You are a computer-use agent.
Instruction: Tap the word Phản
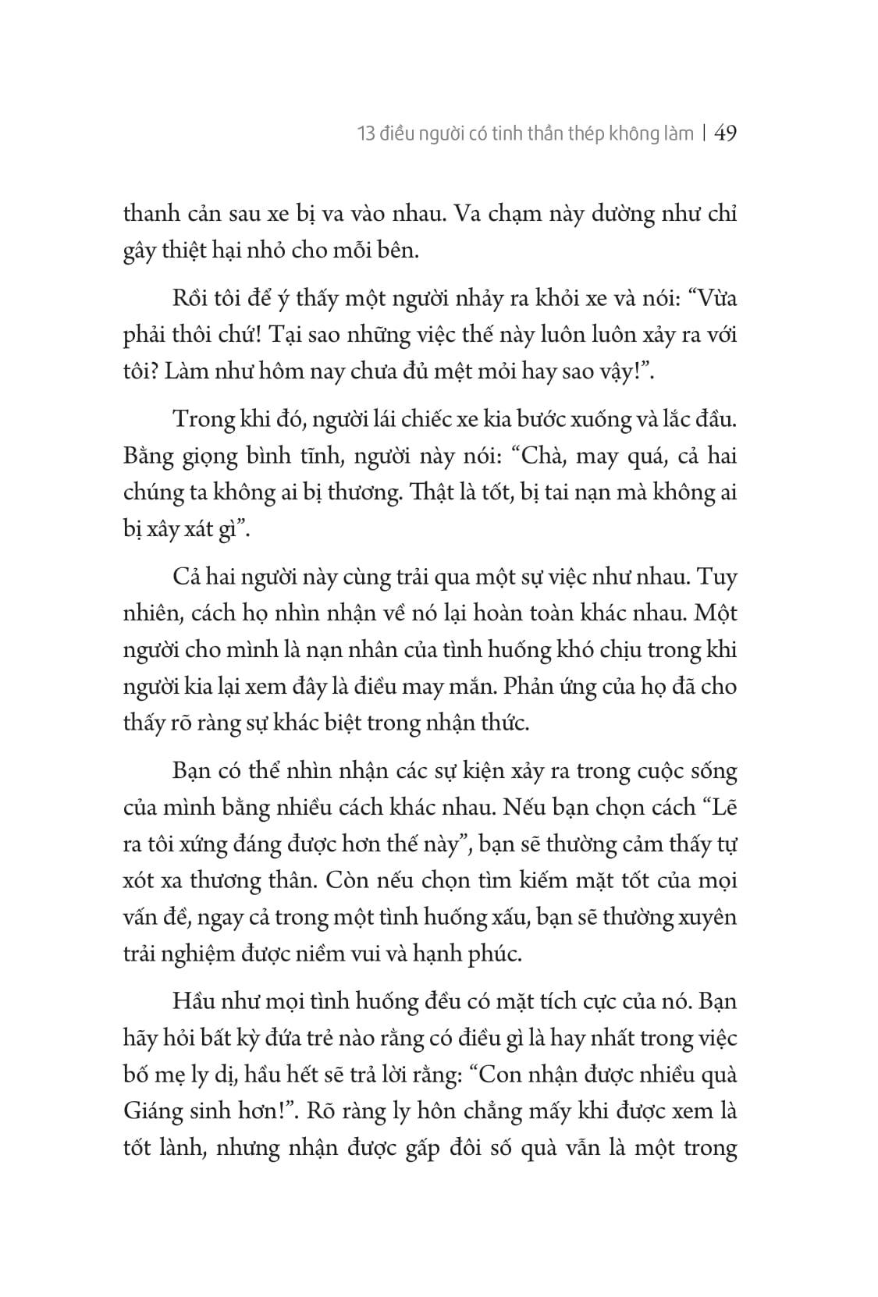click(564, 687)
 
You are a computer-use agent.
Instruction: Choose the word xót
click(140, 881)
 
